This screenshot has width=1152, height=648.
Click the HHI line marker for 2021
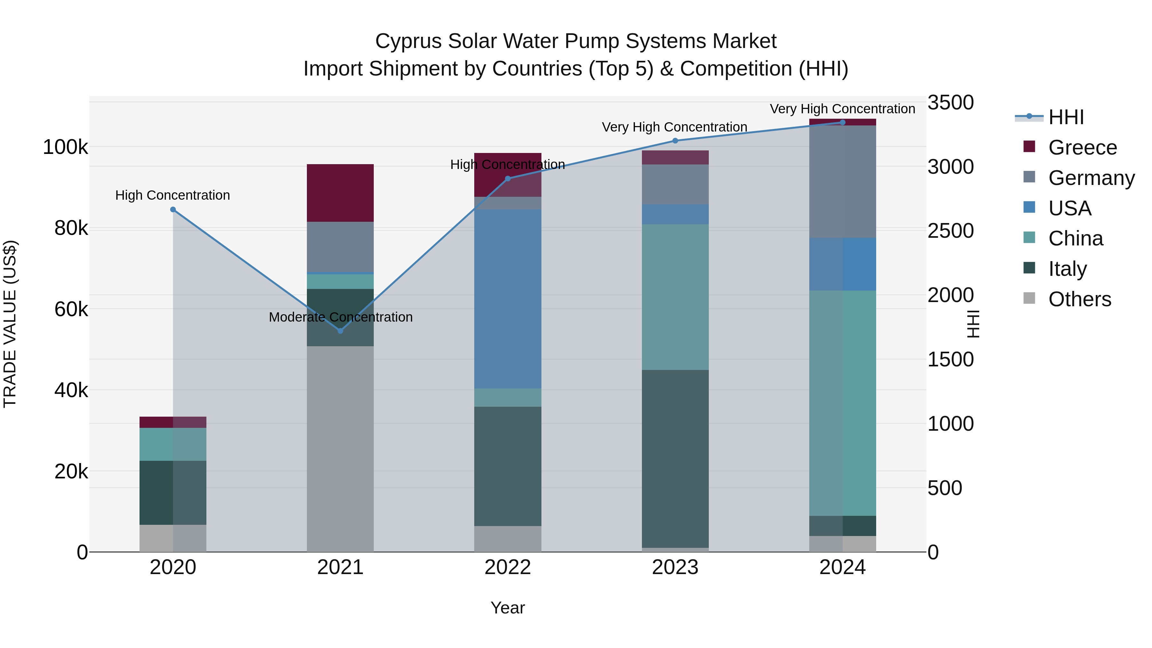340,331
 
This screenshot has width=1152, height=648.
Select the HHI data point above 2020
173,210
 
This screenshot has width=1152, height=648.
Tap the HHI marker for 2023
675,141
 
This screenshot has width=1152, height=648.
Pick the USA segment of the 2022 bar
508,299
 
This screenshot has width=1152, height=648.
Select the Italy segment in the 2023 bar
675,458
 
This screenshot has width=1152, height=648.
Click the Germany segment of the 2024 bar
843,181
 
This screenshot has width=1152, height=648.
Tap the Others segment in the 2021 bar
340,449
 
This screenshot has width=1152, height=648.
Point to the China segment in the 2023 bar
675,297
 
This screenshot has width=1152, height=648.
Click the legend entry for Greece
1082,148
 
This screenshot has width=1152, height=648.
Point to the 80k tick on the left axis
71,228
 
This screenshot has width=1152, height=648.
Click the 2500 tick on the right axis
950,231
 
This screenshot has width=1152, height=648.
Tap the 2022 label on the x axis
508,567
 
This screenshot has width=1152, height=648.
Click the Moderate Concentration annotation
340,317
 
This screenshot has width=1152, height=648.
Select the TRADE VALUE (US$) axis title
10,324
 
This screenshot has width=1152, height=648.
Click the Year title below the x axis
508,608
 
